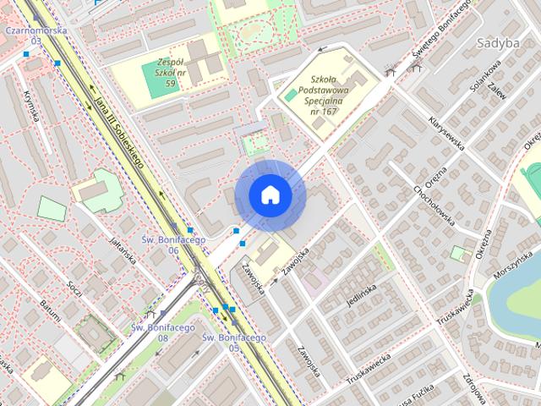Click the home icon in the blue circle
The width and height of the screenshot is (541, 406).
(x=270, y=195)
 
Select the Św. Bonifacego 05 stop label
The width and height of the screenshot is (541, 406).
(x=234, y=342)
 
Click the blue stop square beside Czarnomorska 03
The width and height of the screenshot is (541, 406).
(x=27, y=54)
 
